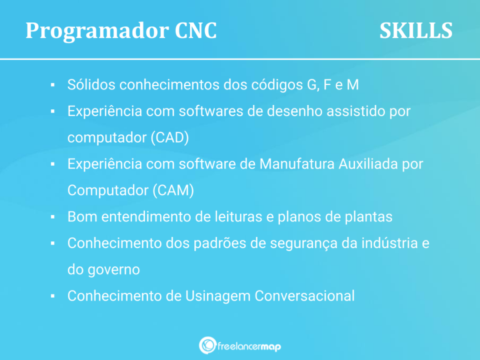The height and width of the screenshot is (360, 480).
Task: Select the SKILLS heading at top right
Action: (x=416, y=31)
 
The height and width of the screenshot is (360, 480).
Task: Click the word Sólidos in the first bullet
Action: (x=91, y=84)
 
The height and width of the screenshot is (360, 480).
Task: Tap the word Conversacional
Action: (x=304, y=296)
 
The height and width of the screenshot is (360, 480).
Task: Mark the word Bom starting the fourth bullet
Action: (x=81, y=217)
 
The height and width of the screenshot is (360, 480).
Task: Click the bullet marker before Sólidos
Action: (x=54, y=84)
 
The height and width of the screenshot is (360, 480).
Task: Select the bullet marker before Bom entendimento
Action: (x=54, y=217)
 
